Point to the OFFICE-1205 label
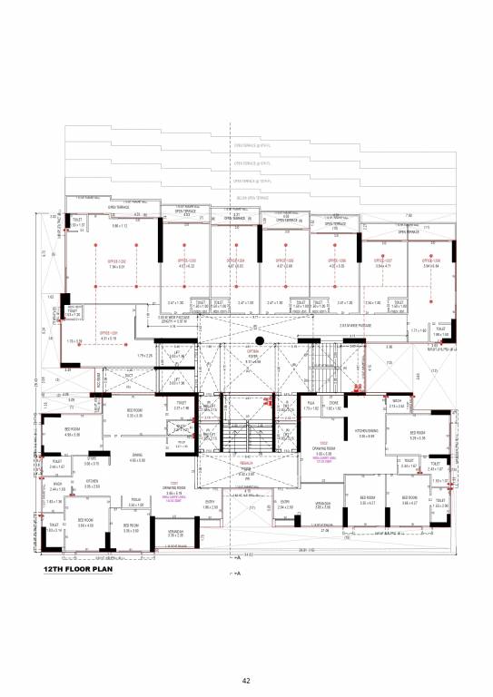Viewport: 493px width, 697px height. click(284, 260)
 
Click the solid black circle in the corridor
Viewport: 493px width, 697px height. click(259, 341)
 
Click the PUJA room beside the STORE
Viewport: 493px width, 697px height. click(311, 407)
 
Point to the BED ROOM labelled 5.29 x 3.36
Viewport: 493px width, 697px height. click(418, 435)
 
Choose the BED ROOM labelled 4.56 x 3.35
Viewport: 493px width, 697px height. click(73, 433)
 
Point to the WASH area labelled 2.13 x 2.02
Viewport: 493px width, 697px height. click(397, 404)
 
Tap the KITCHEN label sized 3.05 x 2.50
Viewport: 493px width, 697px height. click(92, 484)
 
